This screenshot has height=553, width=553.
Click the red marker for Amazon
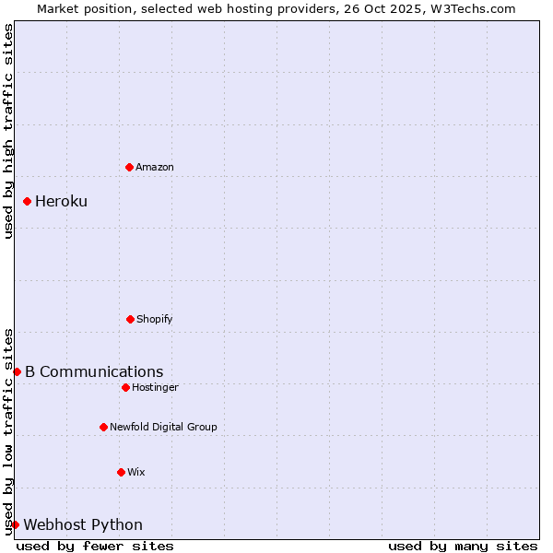point(129,167)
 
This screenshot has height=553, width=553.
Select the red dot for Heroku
point(28,201)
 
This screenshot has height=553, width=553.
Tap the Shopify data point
point(130,319)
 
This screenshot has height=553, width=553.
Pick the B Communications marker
point(17,371)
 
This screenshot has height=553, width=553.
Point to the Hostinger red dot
point(125,387)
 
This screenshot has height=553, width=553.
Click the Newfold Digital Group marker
point(103,427)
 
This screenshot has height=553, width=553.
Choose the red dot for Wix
point(121,472)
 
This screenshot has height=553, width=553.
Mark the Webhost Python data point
point(16,524)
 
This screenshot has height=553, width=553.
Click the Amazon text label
point(155,167)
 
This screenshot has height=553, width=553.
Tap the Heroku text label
point(61,201)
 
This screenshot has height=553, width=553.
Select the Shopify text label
point(155,319)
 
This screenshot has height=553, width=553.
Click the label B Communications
point(94,372)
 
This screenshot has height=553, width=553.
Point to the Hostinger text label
point(155,387)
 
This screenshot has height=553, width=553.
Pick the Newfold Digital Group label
point(163,427)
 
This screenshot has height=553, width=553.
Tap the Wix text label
point(136,472)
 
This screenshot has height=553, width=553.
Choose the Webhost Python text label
point(83,525)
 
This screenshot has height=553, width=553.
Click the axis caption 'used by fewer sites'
point(95,546)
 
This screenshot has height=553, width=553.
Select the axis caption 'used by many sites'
point(463,546)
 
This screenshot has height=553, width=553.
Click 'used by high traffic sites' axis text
point(8,131)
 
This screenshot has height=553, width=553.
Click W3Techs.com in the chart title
point(469,8)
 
